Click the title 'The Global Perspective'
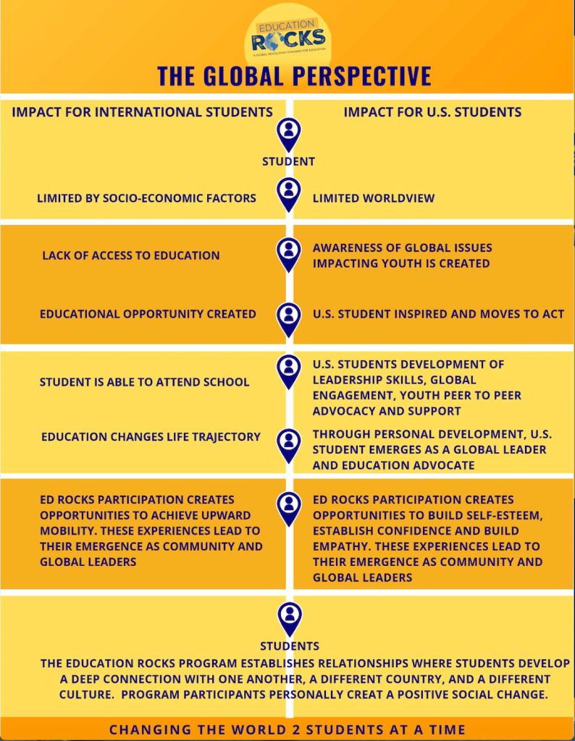coord(294,76)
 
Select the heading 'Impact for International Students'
coord(142,112)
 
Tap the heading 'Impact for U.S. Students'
coord(432,112)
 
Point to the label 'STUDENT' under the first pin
coord(288,161)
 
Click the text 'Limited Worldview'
coord(374,198)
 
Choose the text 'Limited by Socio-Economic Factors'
coord(146,198)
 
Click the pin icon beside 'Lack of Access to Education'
coord(289,253)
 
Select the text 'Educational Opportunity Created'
coord(148,314)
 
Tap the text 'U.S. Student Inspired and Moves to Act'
coord(438,314)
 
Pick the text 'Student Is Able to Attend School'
coord(144,381)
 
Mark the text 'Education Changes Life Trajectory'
coord(151,437)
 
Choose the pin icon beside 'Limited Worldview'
coord(289,193)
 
